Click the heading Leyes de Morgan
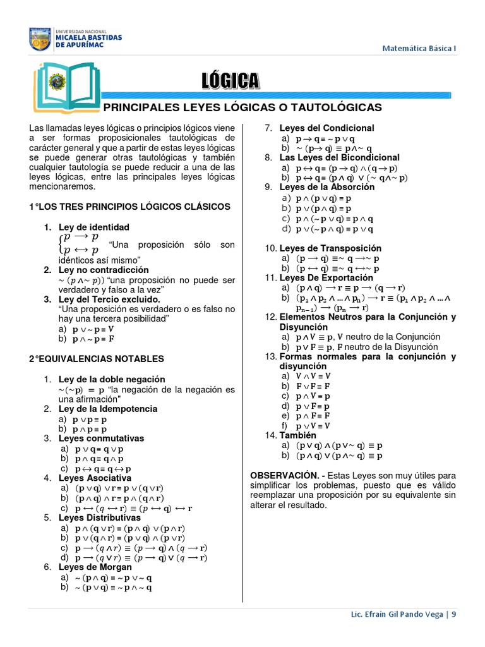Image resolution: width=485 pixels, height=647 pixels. [95, 567]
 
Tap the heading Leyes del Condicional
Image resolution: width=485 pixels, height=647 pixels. [326, 128]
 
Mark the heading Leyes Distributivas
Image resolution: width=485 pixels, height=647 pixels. [99, 517]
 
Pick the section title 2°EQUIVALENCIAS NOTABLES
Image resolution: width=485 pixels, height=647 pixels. [97, 359]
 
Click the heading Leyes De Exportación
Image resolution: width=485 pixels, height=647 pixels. [326, 277]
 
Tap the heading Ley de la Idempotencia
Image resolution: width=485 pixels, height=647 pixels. [108, 409]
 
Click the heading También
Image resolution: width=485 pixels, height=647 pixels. [298, 435]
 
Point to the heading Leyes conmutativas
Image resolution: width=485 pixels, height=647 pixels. [101, 438]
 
